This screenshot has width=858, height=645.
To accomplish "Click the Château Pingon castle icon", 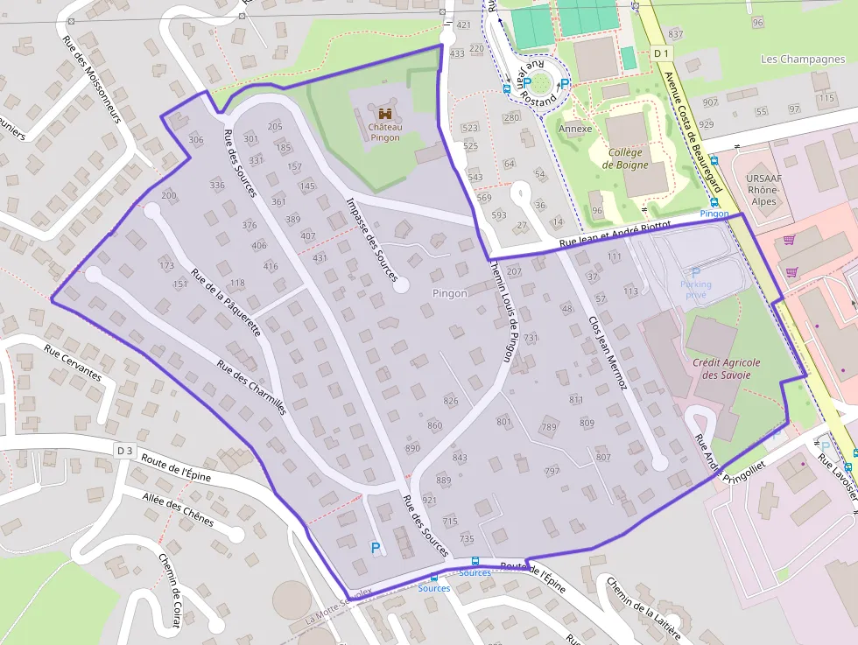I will click(385, 114).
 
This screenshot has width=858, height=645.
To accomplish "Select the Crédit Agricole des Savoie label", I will click(727, 368).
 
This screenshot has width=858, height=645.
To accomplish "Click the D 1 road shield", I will click(661, 53).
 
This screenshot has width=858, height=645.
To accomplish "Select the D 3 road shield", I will click(125, 451).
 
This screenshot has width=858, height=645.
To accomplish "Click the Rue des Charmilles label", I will click(251, 388).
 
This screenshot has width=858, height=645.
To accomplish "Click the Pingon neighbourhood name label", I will click(450, 293).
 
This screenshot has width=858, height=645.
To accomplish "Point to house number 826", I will click(451, 401).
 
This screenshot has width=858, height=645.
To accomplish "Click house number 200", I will click(169, 196).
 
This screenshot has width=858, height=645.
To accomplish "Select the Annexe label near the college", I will click(574, 129).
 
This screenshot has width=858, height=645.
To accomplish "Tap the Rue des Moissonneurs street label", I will click(90, 71).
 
